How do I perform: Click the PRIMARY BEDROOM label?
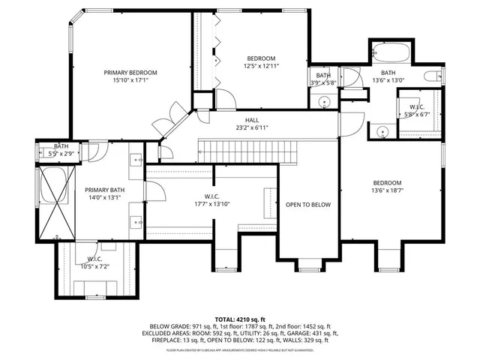click(x=135, y=72)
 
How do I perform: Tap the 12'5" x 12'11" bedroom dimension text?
click(x=260, y=67)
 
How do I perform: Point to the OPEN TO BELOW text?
click(x=308, y=204)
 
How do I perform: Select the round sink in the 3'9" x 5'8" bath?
click(x=322, y=99)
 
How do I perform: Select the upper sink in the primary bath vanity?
click(x=137, y=160)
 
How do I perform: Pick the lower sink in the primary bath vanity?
click(x=137, y=221)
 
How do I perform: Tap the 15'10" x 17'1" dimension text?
click(x=135, y=80)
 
